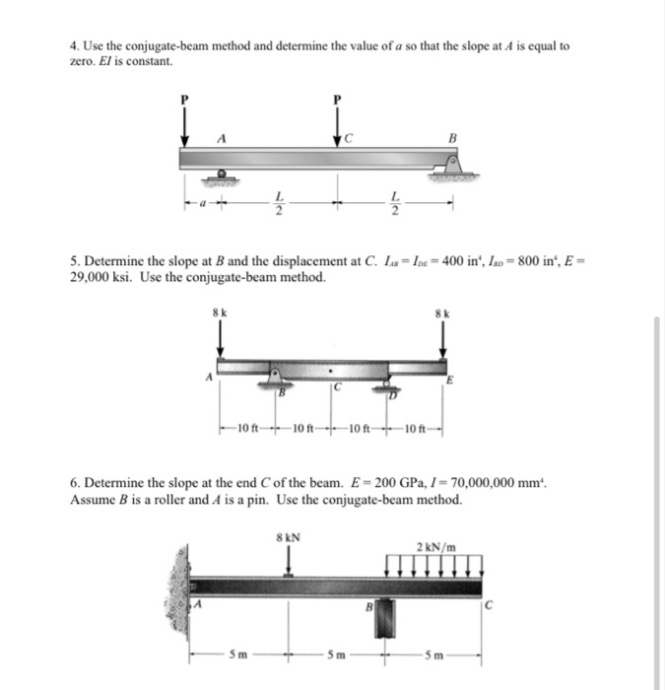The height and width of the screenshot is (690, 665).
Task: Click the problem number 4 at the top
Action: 74,46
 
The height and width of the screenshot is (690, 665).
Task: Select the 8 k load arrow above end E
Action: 441,341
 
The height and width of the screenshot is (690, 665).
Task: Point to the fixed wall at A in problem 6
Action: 179,586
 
